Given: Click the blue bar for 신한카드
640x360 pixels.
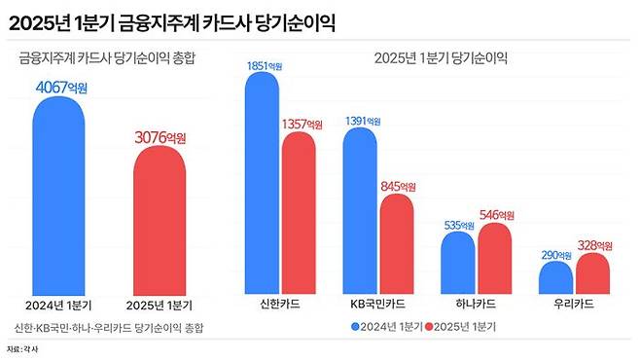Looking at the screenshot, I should (x=262, y=185).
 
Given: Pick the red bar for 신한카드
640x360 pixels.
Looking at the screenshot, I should (x=299, y=214).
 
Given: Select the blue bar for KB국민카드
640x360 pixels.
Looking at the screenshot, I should (x=361, y=209).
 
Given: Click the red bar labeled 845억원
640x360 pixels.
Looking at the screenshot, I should (x=396, y=243).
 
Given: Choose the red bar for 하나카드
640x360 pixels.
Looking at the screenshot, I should (x=494, y=259).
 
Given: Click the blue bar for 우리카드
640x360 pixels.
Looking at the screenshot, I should (x=556, y=277).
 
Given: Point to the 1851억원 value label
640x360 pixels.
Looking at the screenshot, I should (x=263, y=65).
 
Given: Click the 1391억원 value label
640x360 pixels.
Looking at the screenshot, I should (x=363, y=121).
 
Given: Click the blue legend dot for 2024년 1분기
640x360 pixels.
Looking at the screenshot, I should (x=356, y=326).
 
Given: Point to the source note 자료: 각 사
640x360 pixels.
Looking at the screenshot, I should (x=25, y=348).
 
